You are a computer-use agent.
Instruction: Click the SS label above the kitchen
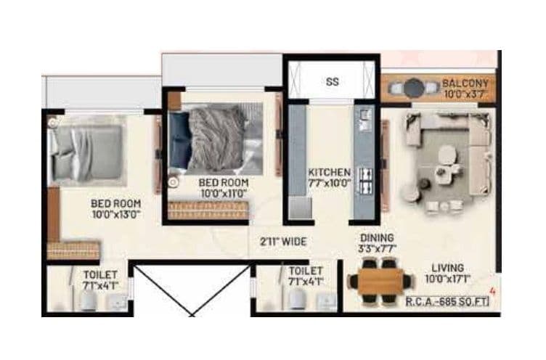[332, 82]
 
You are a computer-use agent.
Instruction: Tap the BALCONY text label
[465, 83]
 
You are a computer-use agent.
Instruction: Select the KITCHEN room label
[330, 172]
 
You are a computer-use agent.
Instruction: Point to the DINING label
[376, 238]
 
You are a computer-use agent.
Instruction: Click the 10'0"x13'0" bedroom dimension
[115, 215]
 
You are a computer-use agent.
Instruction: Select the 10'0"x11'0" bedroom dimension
[224, 194]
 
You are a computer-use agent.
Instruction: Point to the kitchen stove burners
[363, 181]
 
